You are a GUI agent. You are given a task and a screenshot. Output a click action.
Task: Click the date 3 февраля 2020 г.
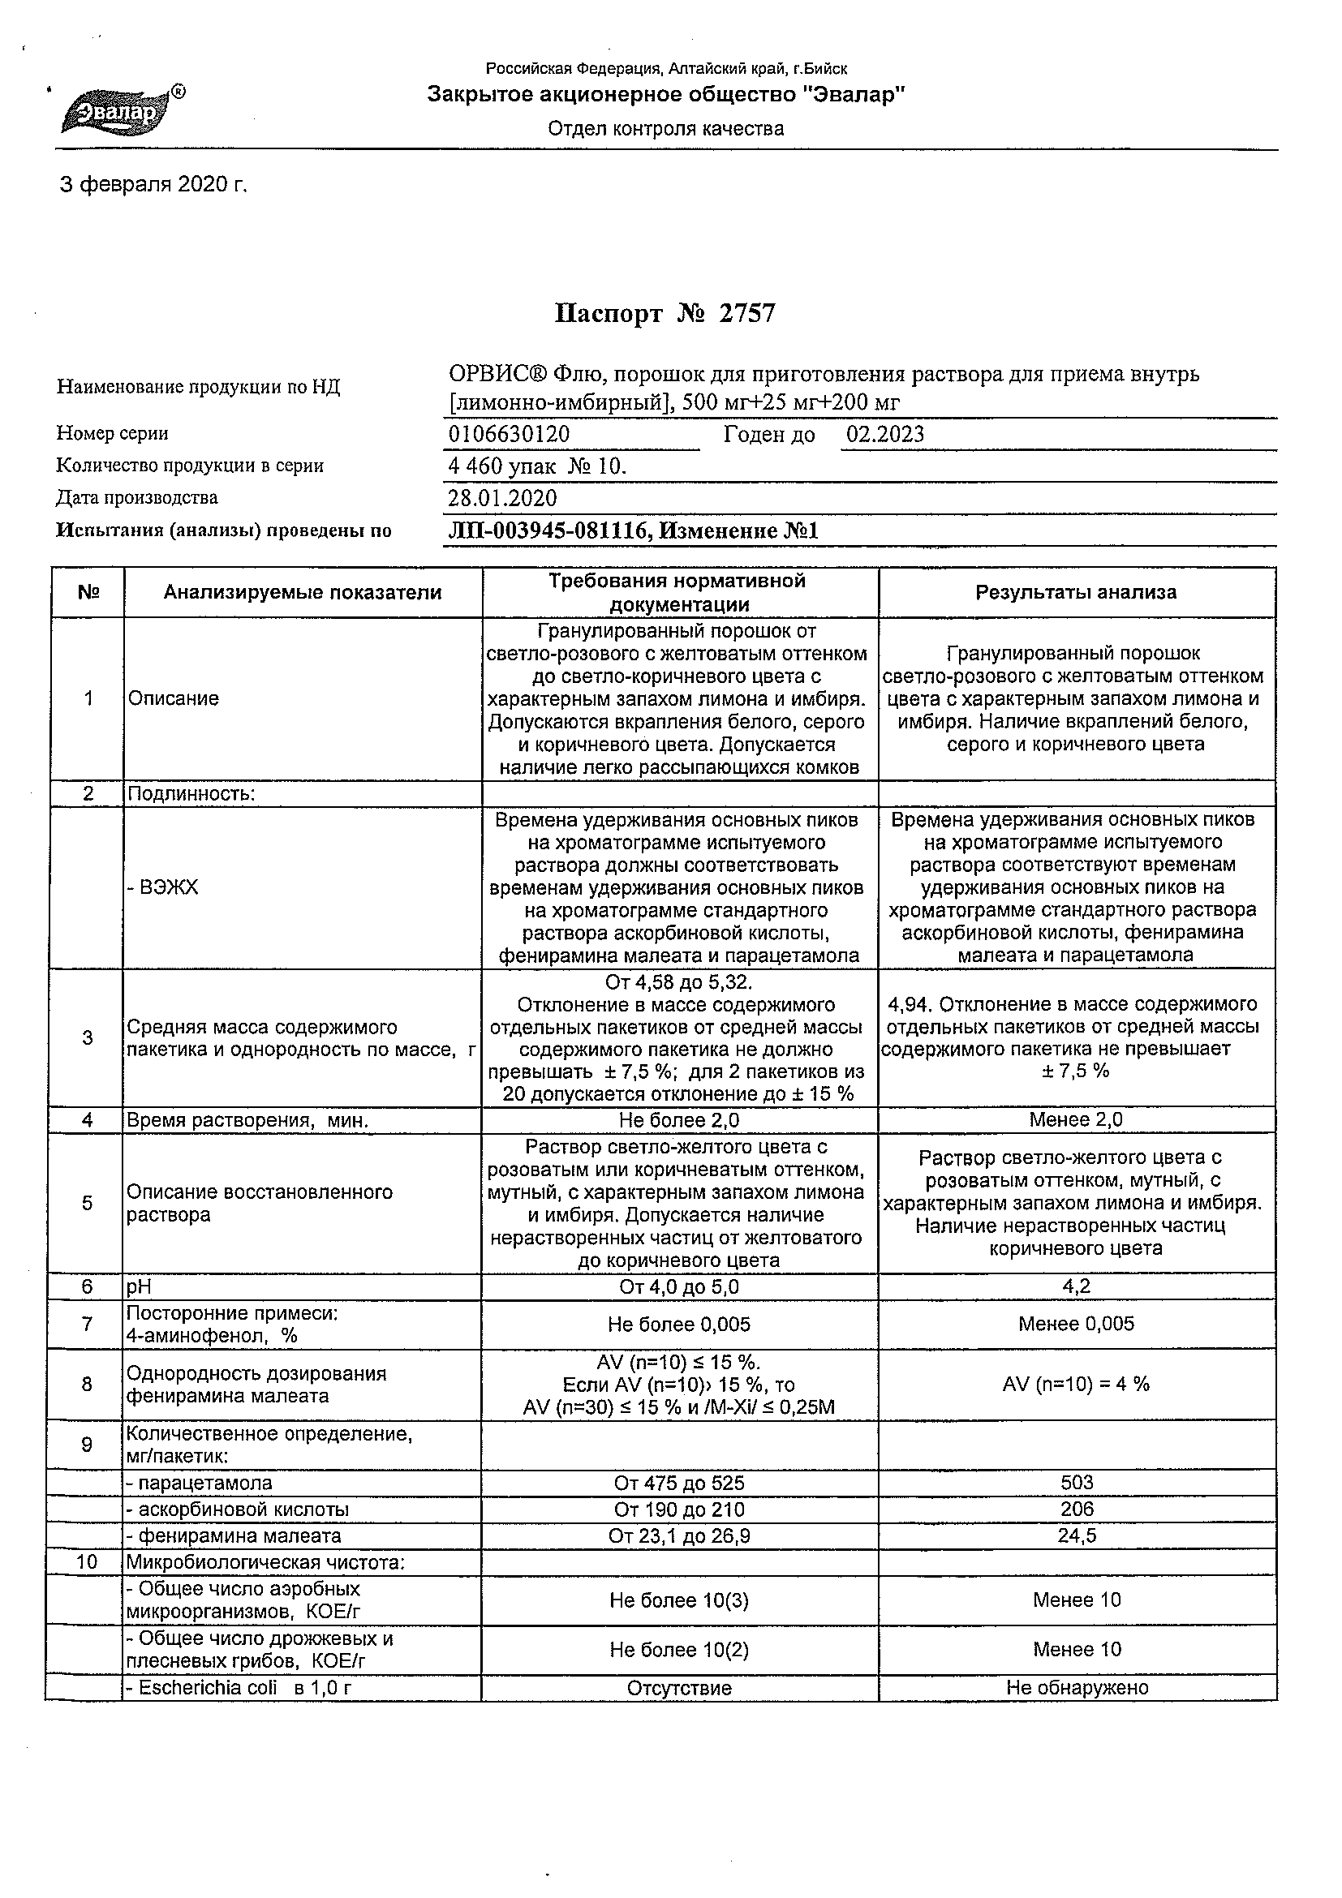pos(154,184)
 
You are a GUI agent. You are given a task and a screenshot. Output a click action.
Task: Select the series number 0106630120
pos(509,435)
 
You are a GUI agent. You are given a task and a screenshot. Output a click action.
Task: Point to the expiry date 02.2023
pos(884,435)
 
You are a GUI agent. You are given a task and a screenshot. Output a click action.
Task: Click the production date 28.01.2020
pos(502,498)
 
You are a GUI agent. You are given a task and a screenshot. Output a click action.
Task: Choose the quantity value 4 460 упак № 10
pos(537,466)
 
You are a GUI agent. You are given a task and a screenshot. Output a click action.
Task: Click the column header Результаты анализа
pos(1076,592)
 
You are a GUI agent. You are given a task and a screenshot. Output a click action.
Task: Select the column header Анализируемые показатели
pos(302,592)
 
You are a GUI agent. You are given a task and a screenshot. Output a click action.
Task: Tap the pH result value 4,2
pos(1076,1286)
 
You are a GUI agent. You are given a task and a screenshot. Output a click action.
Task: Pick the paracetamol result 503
pos(1077,1483)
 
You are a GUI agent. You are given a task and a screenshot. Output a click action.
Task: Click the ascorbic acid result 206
pos(1077,1509)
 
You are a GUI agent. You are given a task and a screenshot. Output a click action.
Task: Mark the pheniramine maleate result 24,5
pos(1077,1536)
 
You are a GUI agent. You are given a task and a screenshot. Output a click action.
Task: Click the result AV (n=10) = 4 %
pos(1076,1385)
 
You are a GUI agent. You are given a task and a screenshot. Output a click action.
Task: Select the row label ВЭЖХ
pos(162,888)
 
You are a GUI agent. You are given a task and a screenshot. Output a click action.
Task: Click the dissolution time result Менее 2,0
pos(1076,1120)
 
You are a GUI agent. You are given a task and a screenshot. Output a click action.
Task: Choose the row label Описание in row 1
pos(173,698)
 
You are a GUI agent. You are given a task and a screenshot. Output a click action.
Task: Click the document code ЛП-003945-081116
pos(547,530)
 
